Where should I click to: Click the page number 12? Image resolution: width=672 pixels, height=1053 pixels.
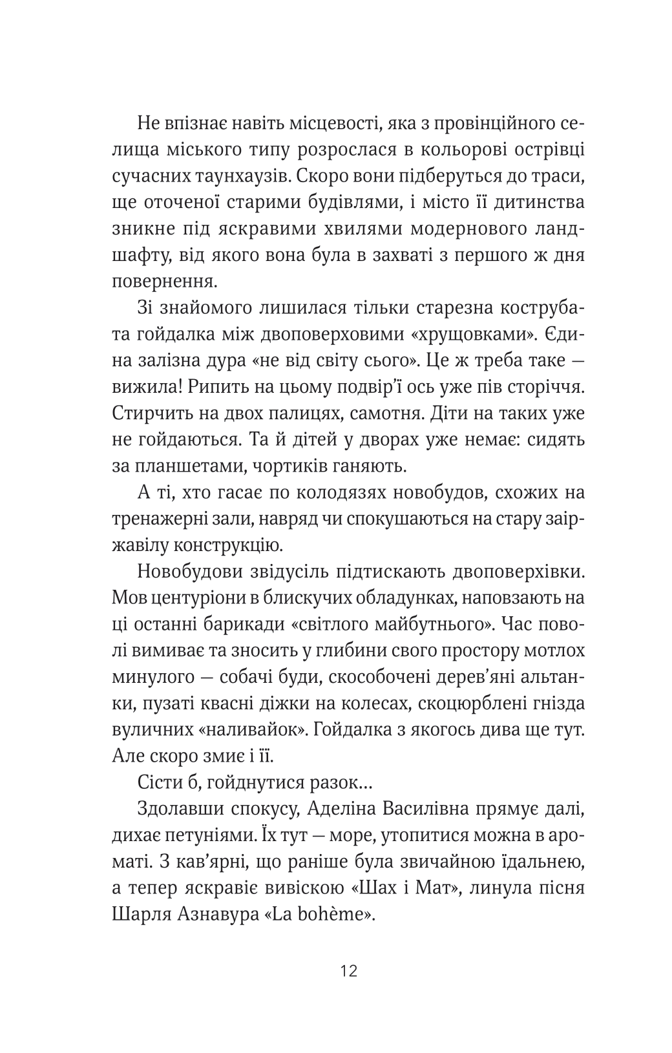[x=348, y=970]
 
